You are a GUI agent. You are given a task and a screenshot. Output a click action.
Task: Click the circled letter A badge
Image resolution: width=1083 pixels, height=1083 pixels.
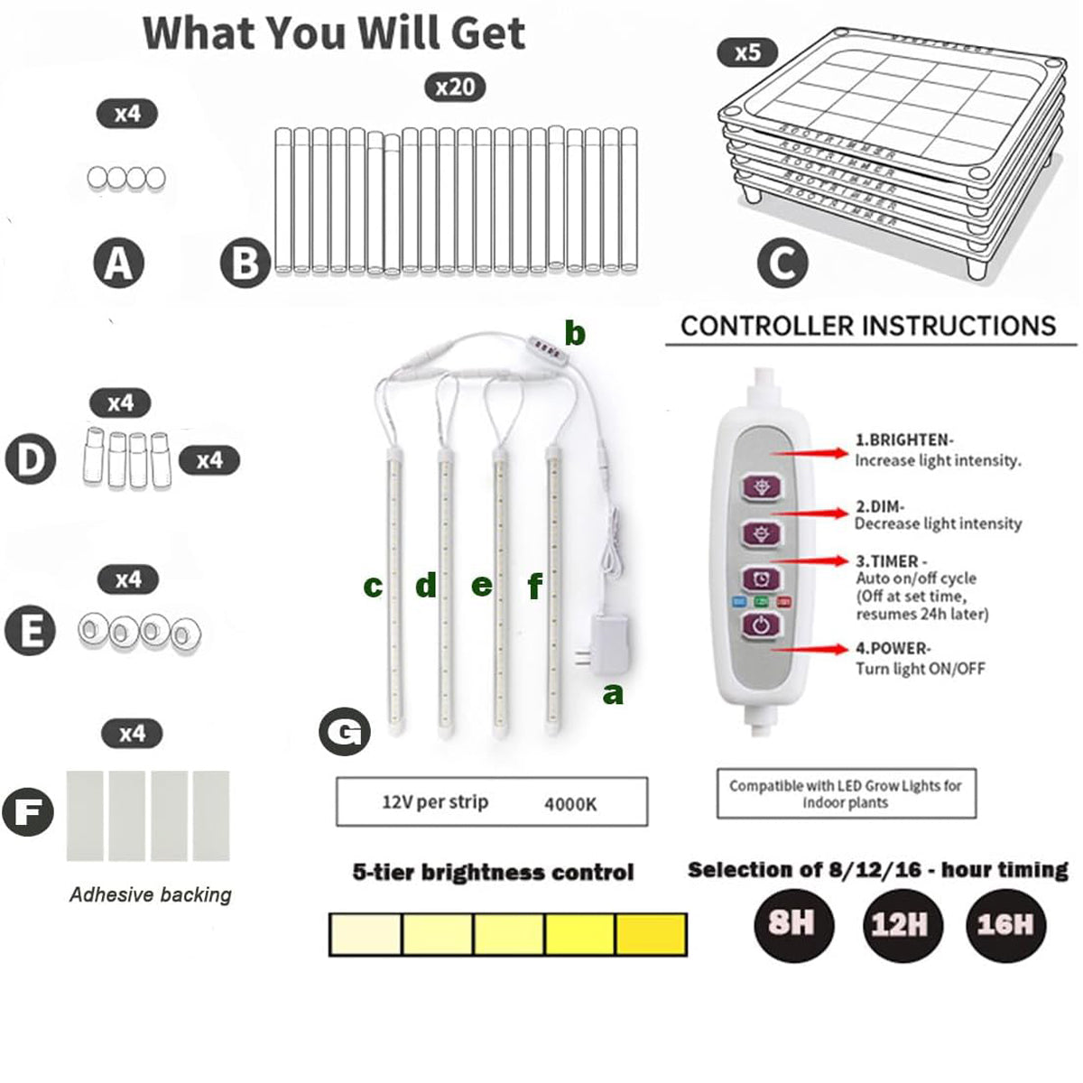coord(119,264)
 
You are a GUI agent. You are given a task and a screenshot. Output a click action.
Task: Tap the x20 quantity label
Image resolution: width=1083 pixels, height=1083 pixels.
coord(455,87)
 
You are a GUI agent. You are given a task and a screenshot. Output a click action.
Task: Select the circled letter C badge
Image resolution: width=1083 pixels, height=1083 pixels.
coord(782,264)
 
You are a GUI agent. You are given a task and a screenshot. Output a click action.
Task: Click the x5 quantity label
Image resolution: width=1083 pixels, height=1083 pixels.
coord(747,52)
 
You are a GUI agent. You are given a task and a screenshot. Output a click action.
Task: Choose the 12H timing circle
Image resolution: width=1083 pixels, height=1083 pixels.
coord(899,924)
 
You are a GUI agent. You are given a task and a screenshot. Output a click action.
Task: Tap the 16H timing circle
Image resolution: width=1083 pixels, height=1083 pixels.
coord(1004,924)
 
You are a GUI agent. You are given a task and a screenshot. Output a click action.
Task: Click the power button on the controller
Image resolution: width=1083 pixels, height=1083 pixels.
coord(762,625)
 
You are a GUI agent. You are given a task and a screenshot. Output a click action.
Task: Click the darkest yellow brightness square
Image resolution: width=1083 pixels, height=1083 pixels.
coord(651,934)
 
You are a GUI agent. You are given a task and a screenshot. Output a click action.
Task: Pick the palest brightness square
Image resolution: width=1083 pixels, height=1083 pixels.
coord(366,934)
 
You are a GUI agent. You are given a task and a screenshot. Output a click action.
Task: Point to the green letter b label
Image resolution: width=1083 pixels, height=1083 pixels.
coord(575,334)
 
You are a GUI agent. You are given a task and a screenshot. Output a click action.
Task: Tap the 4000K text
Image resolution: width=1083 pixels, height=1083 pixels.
coord(570,803)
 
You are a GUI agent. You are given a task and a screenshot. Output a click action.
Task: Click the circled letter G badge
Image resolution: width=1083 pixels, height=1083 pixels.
coord(344,732)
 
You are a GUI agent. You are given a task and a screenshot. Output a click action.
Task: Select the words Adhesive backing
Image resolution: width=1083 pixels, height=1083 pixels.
coord(151,894)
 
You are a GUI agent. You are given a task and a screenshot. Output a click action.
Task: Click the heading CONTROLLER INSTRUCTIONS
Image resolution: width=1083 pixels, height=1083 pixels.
coord(868,326)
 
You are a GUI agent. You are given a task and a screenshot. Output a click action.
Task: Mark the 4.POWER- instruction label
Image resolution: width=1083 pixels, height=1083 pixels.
coord(893,648)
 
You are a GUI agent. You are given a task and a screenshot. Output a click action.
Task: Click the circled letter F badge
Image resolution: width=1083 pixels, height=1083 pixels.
coord(28,810)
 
